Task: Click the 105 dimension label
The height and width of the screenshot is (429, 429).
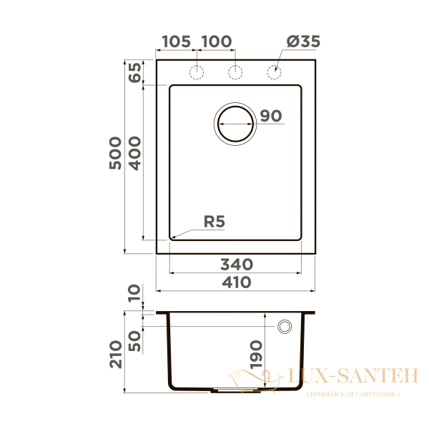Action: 176,41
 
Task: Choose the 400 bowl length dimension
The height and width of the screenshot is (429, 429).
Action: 135,154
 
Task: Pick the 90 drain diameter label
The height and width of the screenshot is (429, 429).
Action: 271,116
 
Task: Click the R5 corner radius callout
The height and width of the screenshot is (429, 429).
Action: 214,222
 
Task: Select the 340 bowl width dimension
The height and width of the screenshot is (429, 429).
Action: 236,264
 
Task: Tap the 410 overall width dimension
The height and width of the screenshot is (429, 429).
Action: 236,282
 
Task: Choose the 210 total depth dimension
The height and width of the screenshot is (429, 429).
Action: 116,353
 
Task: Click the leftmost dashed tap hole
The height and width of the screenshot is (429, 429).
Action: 197,71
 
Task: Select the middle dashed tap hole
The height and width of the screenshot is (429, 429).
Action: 235,71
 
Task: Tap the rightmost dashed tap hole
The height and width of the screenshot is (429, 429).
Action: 273,71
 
